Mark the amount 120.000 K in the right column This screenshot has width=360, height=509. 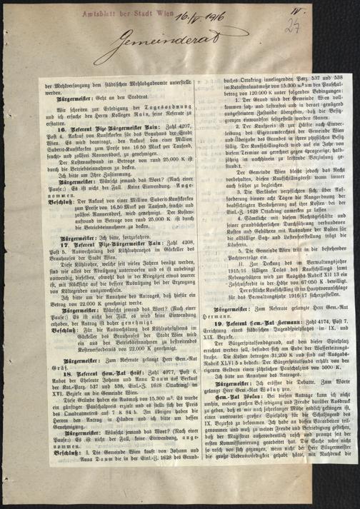point(229,93)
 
